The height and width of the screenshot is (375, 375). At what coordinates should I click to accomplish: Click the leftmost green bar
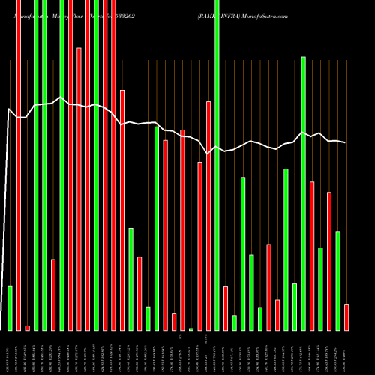[10, 307]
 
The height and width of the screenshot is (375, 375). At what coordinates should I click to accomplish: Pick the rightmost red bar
[346, 316]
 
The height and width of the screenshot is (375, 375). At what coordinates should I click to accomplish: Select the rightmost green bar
[337, 280]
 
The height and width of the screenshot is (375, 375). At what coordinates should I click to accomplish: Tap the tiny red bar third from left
[27, 328]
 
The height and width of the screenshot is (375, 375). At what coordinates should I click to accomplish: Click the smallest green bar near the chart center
[191, 329]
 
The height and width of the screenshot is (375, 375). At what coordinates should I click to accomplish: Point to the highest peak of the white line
[61, 97]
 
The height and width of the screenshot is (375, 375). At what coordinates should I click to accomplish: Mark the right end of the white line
[346, 142]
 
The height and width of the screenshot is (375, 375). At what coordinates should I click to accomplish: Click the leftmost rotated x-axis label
[10, 352]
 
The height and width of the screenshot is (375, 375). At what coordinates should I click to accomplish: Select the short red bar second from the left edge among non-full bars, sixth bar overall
[53, 294]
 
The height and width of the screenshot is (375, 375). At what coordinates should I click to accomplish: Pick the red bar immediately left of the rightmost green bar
[329, 261]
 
